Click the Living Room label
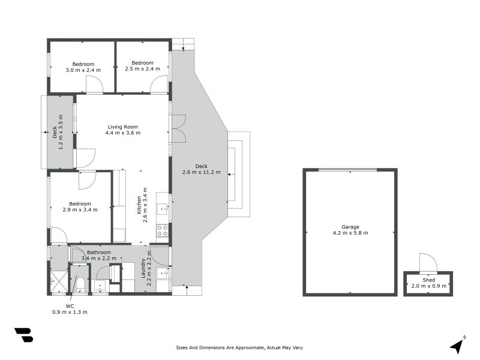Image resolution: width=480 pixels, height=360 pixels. click(x=123, y=127)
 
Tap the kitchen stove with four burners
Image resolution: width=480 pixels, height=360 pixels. click(x=162, y=230)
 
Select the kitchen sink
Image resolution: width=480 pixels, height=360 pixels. click(x=162, y=209)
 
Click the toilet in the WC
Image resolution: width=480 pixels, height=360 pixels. click(x=80, y=284)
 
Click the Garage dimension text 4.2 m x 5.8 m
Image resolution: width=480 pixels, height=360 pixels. click(x=350, y=233)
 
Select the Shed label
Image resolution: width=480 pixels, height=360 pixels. click(x=428, y=280)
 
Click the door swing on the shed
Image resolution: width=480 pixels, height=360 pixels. click(x=427, y=262)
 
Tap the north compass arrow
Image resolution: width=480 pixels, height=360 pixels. click(x=458, y=345)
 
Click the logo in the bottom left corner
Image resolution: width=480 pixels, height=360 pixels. click(x=23, y=335)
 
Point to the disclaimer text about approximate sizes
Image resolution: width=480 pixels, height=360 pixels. click(x=240, y=347)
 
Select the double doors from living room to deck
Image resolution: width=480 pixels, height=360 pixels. click(x=179, y=128)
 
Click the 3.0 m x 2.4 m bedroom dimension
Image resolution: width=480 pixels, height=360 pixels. click(x=83, y=70)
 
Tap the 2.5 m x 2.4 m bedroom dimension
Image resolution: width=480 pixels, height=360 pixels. click(x=143, y=69)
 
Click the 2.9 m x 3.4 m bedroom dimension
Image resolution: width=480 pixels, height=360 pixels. click(x=80, y=210)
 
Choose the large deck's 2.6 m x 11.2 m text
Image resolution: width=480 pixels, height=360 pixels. click(x=201, y=172)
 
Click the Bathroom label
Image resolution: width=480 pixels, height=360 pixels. click(x=99, y=253)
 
